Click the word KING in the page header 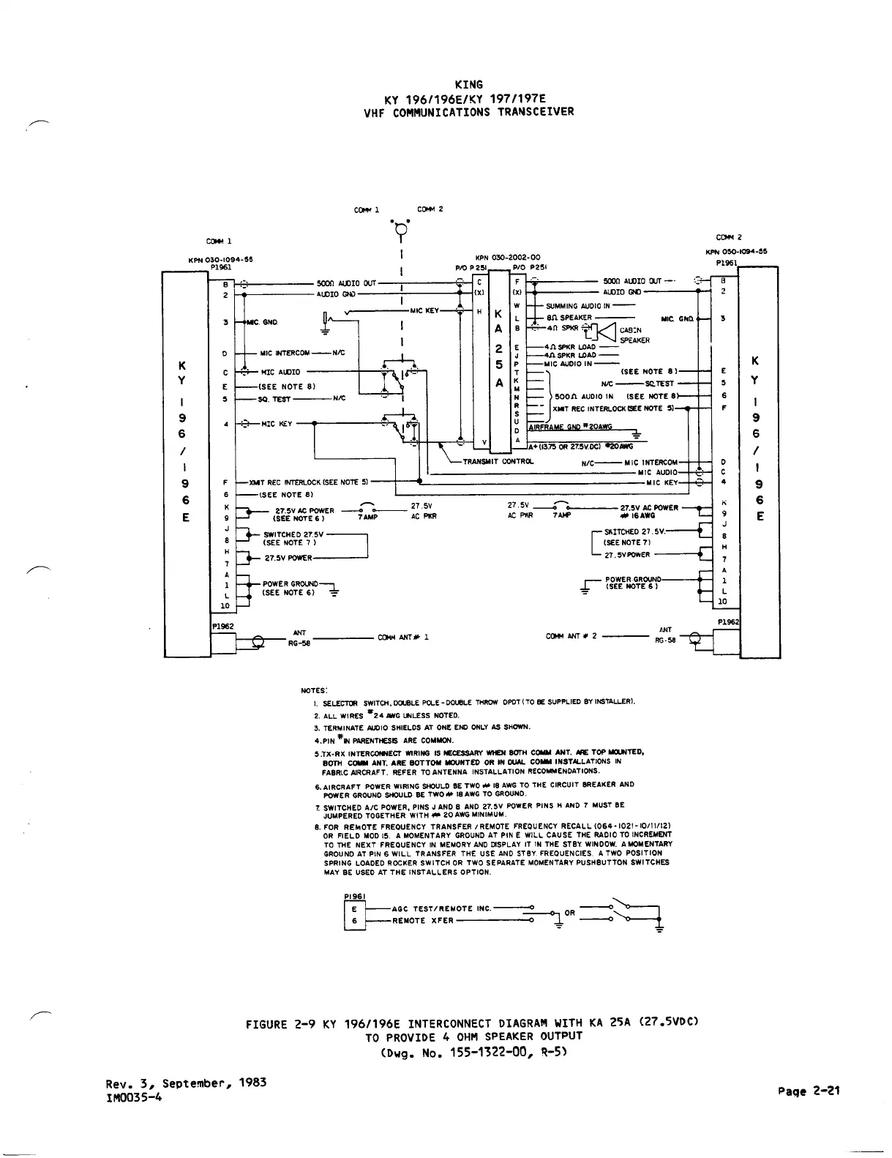coord(468,85)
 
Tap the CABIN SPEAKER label coord(634,335)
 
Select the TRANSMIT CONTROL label coord(498,462)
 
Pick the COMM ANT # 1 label coord(402,637)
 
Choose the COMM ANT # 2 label coord(571,636)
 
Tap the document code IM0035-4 coord(134,1097)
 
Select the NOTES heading coord(315,690)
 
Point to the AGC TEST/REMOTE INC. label coord(441,908)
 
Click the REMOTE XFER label coord(423,920)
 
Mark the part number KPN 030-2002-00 coord(508,258)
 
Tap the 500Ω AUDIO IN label coord(584,396)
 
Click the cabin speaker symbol coord(606,332)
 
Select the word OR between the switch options coord(570,913)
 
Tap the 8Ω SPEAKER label coord(569,318)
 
